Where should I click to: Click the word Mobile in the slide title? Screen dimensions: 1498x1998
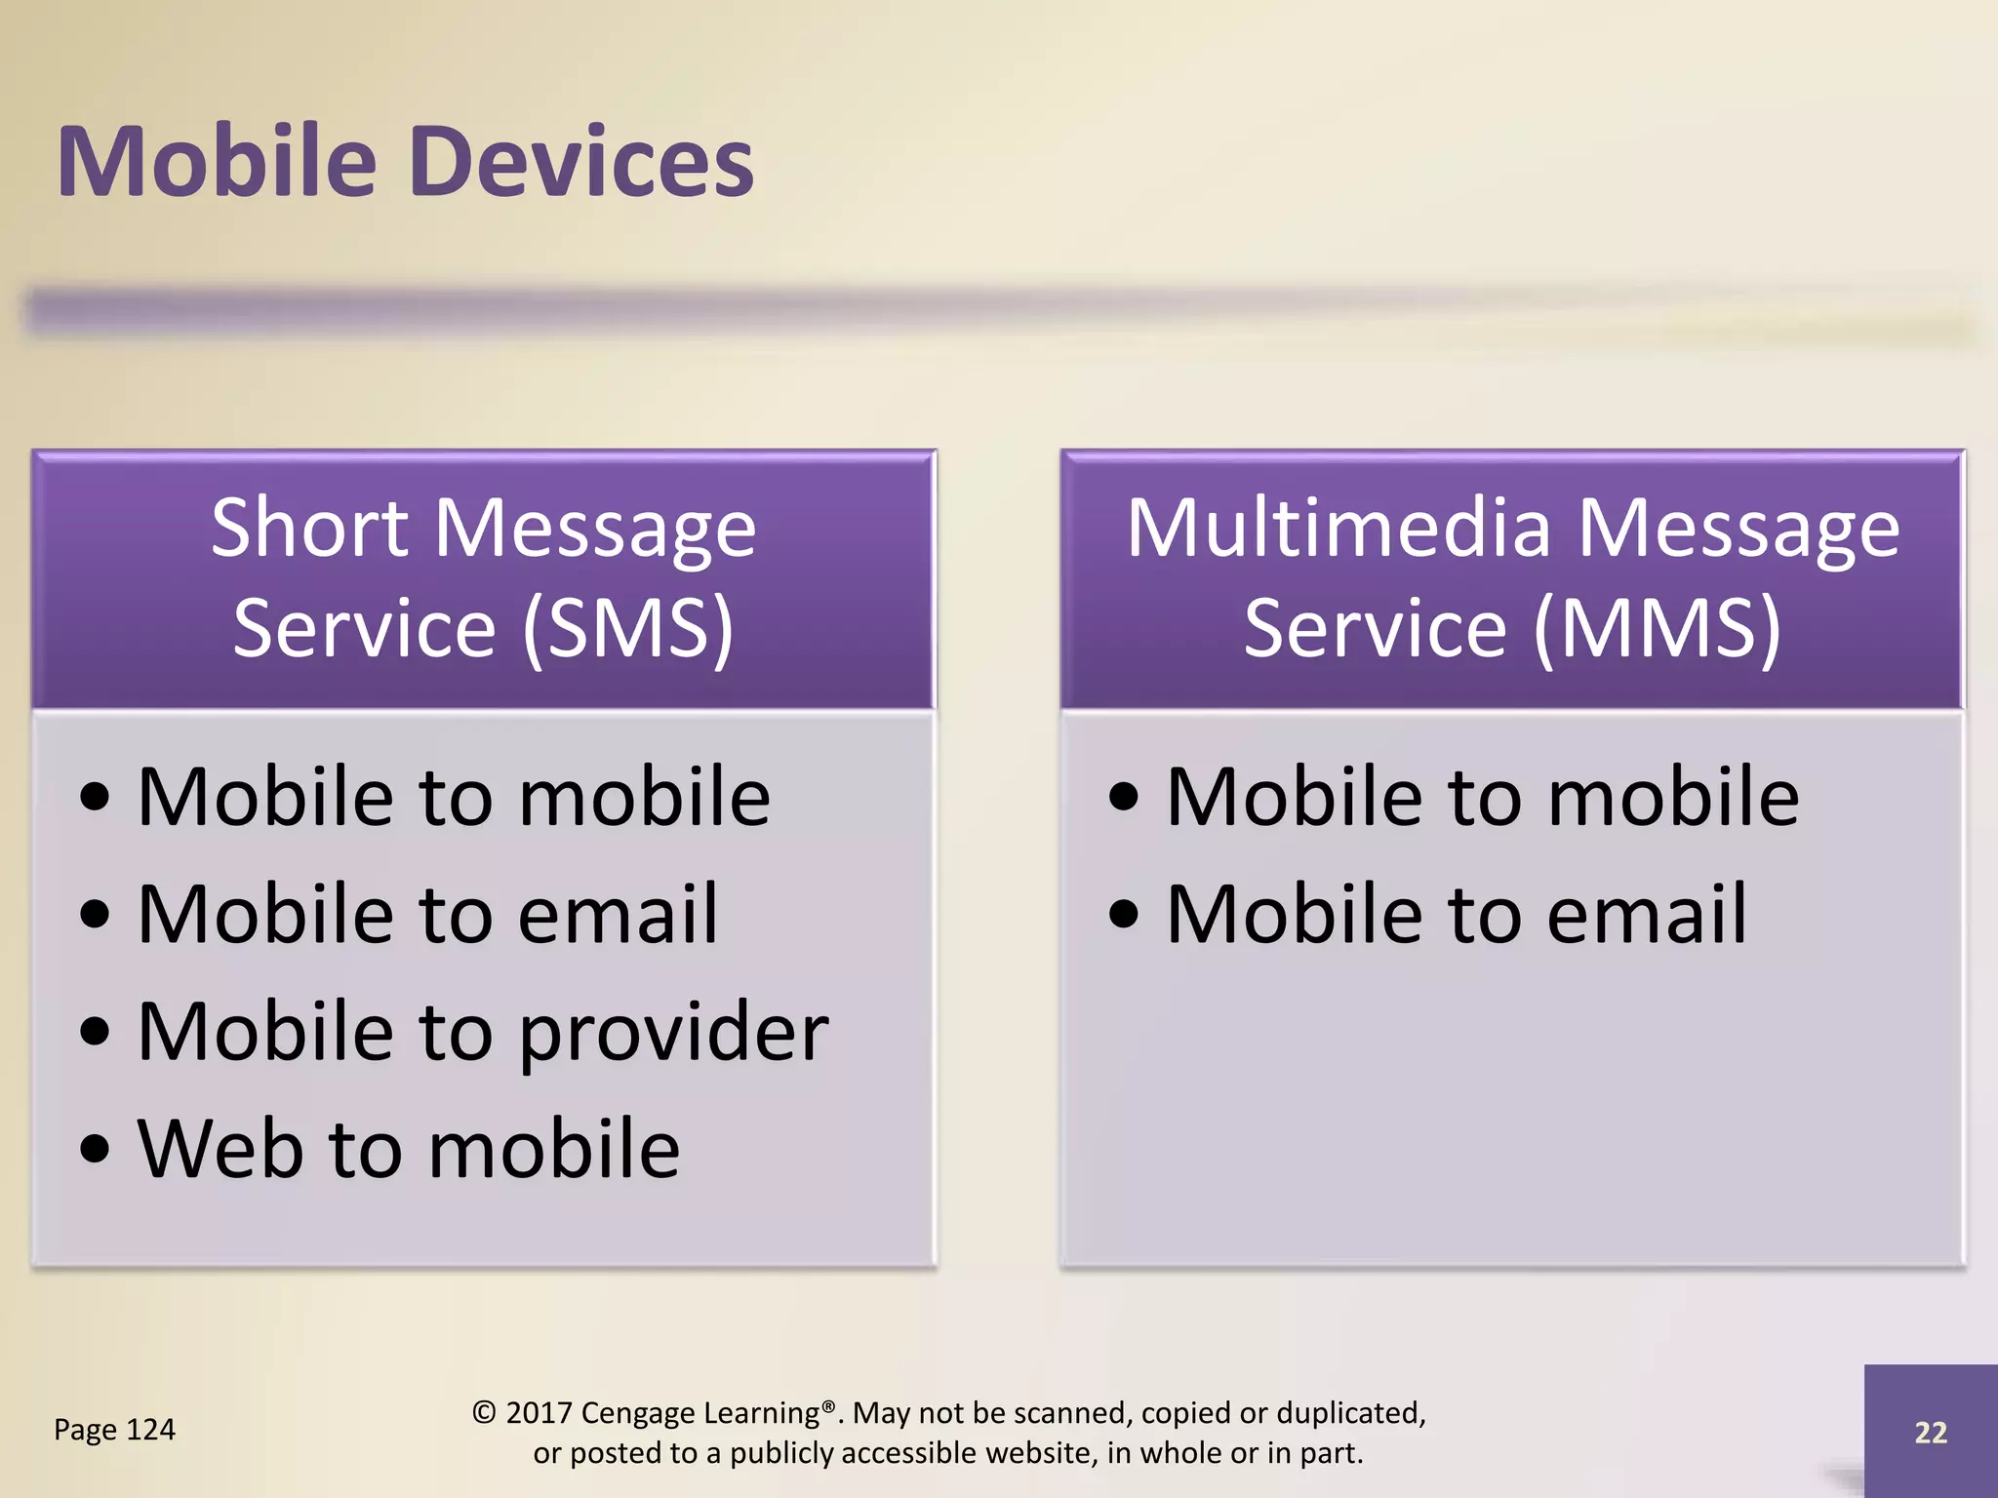click(217, 162)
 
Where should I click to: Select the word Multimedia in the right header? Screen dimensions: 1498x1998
click(1338, 529)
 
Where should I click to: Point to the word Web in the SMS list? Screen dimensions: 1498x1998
click(220, 1149)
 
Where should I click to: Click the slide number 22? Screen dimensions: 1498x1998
click(1930, 1432)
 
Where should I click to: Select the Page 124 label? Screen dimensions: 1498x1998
click(114, 1430)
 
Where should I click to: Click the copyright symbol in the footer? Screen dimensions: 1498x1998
click(484, 1413)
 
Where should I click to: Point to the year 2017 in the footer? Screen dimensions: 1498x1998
click(539, 1413)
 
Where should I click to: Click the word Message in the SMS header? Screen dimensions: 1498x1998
click(594, 529)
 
